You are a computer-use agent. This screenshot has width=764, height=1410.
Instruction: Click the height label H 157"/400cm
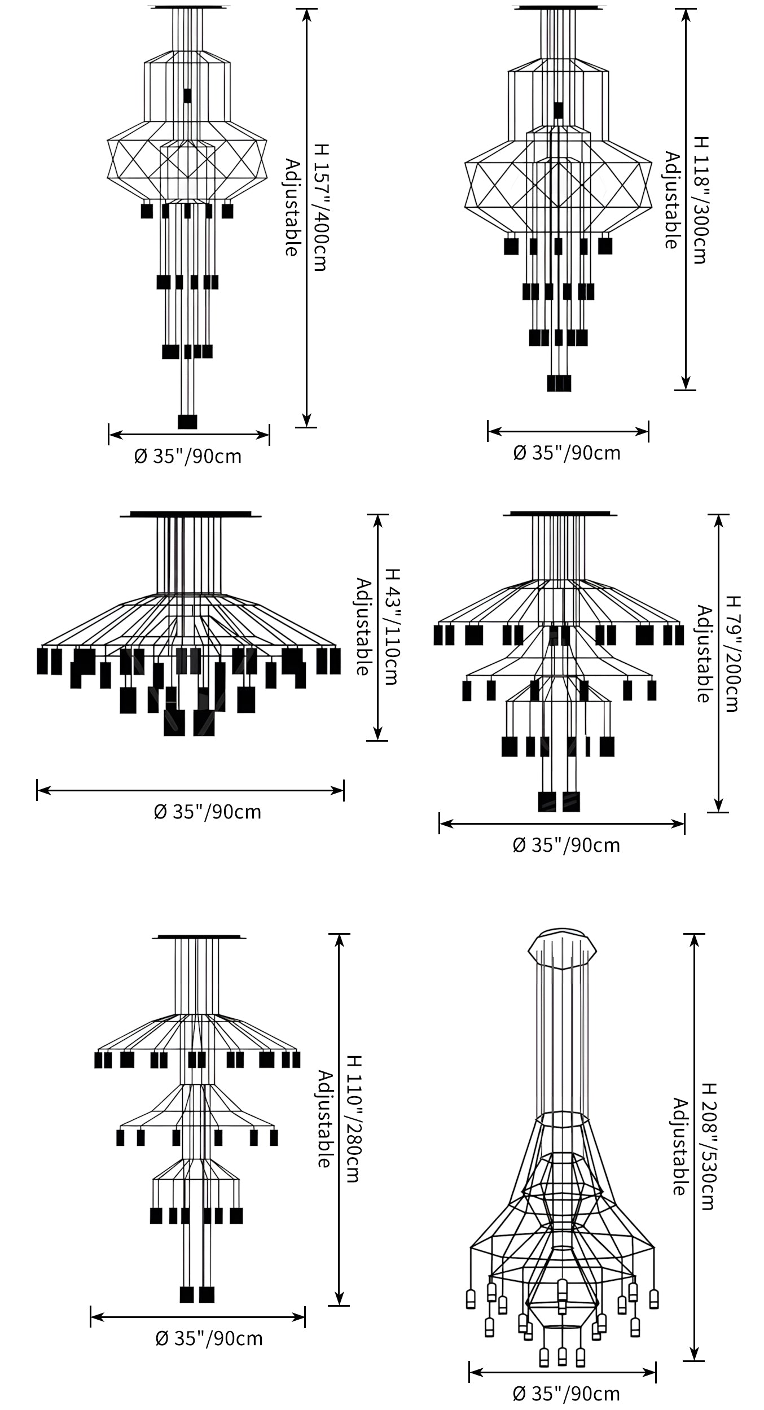(x=320, y=207)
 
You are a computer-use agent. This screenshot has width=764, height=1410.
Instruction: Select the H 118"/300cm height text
(x=699, y=199)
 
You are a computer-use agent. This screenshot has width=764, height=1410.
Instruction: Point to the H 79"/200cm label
(x=732, y=654)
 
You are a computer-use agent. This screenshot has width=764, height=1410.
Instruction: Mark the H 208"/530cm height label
(x=708, y=1146)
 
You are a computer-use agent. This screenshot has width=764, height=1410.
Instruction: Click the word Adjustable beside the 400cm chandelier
(x=291, y=207)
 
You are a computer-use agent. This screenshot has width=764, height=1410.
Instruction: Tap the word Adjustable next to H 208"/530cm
(x=679, y=1146)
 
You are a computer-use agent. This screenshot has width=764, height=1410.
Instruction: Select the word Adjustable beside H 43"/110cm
(x=363, y=627)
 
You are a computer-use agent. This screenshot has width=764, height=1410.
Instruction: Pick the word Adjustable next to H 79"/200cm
(x=703, y=654)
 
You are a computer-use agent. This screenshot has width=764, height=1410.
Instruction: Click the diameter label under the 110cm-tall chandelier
(x=208, y=812)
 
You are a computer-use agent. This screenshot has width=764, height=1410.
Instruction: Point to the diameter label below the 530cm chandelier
(x=567, y=1393)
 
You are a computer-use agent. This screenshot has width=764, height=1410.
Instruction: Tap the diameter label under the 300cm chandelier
(x=567, y=453)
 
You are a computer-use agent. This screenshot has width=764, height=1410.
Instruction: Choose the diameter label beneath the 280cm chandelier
(x=209, y=1338)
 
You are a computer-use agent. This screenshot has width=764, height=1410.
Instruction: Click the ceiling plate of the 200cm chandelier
(x=564, y=514)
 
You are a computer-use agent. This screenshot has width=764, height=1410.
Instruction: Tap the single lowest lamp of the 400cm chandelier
(x=187, y=422)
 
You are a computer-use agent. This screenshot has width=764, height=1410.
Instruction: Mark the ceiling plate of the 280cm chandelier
(x=199, y=936)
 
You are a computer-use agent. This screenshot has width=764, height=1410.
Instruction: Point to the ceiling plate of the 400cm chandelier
(x=188, y=7)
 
